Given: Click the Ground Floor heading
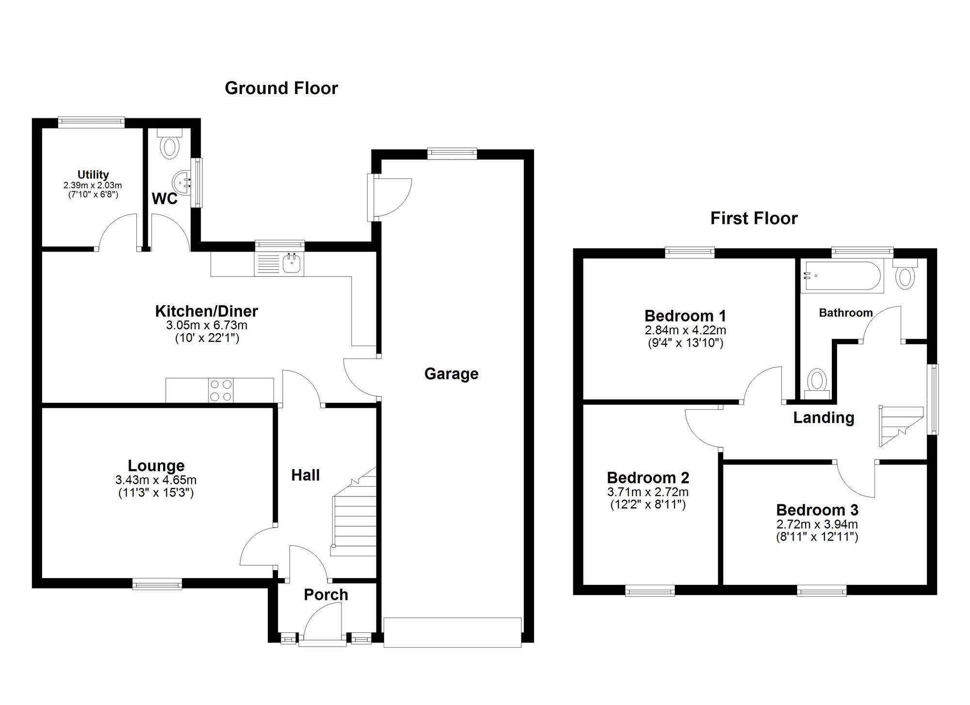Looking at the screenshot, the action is click(x=281, y=88).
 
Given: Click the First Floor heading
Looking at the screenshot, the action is click(x=754, y=219).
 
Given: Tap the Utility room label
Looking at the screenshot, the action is click(x=93, y=175).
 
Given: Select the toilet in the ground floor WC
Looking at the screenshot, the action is click(x=169, y=144).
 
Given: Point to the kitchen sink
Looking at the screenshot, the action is click(x=292, y=264).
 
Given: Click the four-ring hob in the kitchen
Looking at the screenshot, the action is click(x=221, y=390).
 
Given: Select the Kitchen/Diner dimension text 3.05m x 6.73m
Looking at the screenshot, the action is click(x=207, y=325).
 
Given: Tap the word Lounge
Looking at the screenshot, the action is click(x=156, y=465).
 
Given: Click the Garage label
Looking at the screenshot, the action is click(x=451, y=374).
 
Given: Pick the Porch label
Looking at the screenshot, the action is click(x=326, y=595).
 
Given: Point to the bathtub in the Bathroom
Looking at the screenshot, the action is click(x=842, y=276).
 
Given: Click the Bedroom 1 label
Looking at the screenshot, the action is click(x=685, y=316).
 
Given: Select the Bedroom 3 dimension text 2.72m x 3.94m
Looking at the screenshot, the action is click(x=817, y=524).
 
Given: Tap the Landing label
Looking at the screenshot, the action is click(x=824, y=417).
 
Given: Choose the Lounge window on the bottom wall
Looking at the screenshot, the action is click(x=158, y=584).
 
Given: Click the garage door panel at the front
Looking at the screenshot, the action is click(x=453, y=632).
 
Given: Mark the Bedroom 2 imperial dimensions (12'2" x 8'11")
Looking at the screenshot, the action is click(x=647, y=505).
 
